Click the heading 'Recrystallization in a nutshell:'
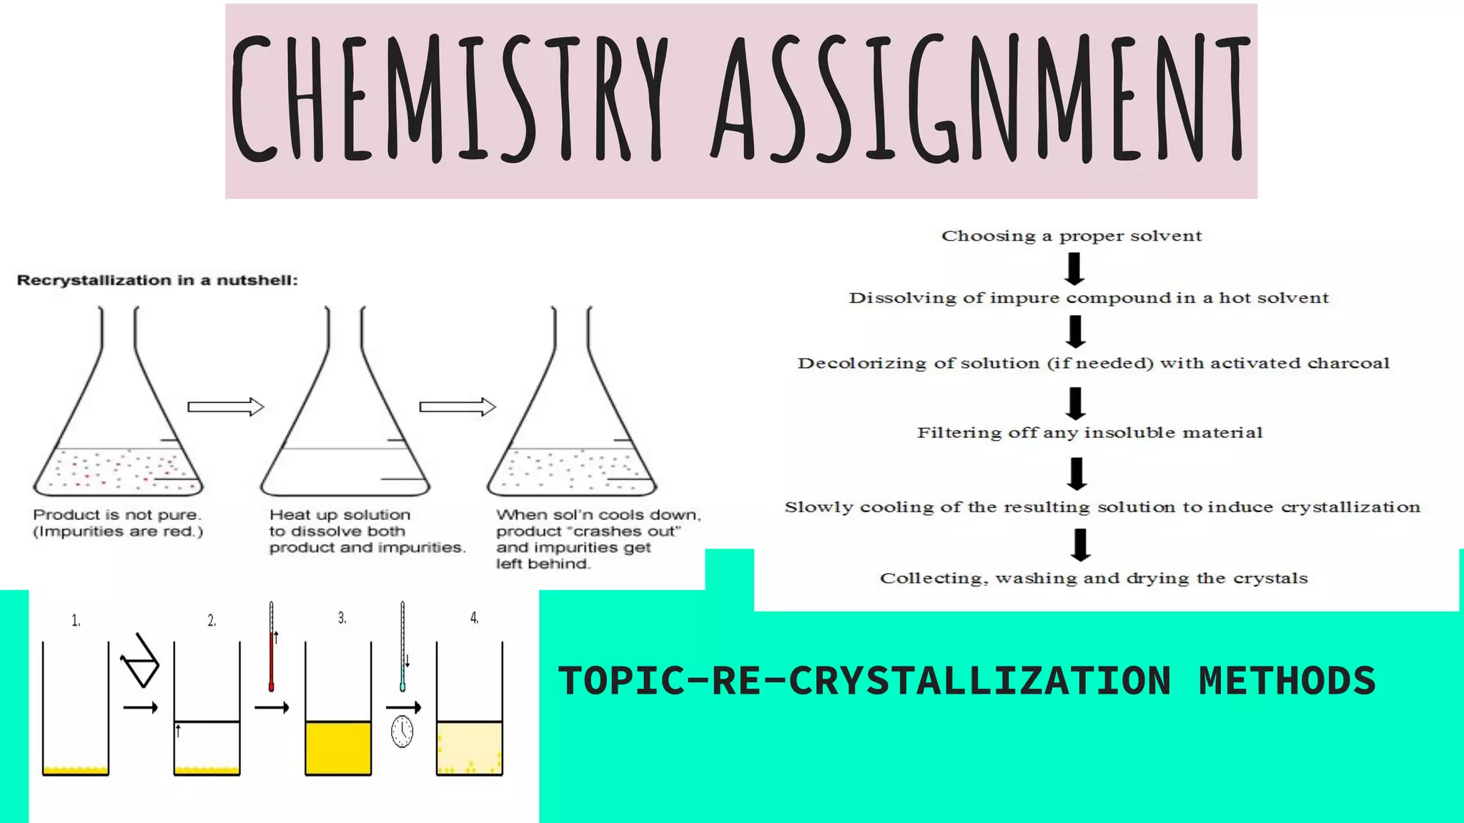tap(157, 280)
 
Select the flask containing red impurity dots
tap(118, 429)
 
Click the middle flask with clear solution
tap(345, 429)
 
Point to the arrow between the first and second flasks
tap(226, 407)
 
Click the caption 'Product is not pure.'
tap(117, 514)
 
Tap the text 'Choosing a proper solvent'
tap(1072, 236)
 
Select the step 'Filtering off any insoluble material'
tap(1089, 432)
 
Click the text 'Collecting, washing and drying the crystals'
tap(1094, 578)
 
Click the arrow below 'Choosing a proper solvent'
tap(1074, 269)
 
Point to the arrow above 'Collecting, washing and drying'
tap(1080, 544)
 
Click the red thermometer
tap(272, 647)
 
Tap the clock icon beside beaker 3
tap(402, 732)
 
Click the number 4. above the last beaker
tap(474, 618)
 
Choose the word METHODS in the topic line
tap(1287, 680)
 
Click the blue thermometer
tap(402, 647)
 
